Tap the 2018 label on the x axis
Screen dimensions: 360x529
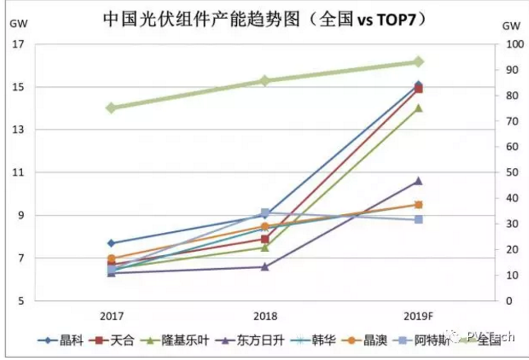[265, 316]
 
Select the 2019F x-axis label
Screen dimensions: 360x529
[418, 316]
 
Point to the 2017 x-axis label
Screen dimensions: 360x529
[112, 316]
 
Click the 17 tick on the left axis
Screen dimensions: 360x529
[17, 44]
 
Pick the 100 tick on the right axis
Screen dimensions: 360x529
[510, 44]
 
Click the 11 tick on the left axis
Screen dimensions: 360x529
[17, 173]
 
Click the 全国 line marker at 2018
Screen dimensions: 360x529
[265, 80]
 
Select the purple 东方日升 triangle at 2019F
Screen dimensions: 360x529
[418, 180]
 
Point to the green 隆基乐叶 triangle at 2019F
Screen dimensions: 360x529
[418, 108]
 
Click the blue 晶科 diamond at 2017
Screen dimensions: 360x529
[112, 243]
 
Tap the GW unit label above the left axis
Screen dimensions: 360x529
[17, 22]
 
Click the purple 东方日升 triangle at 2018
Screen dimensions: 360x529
[265, 267]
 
